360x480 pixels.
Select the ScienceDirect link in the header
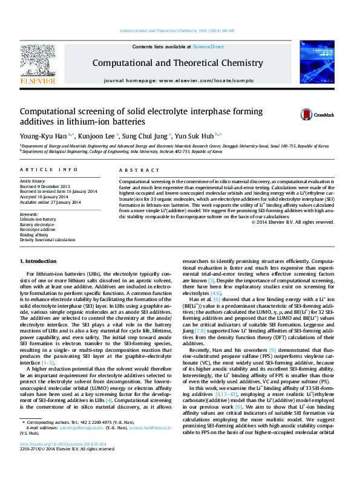[208, 47]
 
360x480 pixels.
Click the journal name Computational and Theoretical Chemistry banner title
[177, 63]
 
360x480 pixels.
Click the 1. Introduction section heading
[39, 261]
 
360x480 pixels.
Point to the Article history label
[33, 181]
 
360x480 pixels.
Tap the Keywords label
[30, 214]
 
